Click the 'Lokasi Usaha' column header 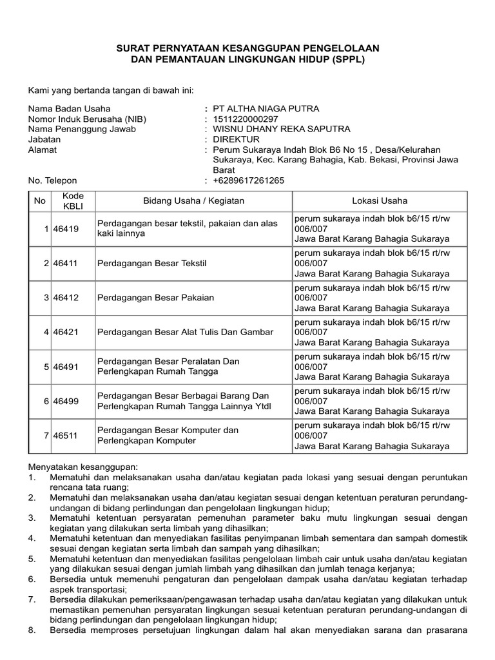379,200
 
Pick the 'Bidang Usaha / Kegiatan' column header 193,200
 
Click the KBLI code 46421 65,332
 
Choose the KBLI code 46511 65,436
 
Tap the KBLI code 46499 65,401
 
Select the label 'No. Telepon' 52,180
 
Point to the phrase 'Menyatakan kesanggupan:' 83,466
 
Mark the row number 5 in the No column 46,367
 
